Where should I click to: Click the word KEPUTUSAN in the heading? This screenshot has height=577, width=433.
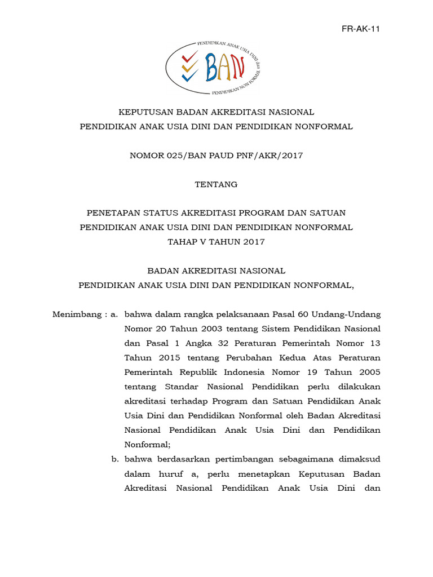(143, 112)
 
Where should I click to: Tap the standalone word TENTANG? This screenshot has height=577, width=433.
(216, 184)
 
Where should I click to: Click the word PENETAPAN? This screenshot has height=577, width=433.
(112, 213)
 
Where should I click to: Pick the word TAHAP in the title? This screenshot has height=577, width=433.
(182, 242)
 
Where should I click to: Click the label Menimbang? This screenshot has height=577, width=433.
(74, 314)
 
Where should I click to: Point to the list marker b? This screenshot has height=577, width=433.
(114, 459)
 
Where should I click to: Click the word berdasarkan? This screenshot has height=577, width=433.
(180, 459)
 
